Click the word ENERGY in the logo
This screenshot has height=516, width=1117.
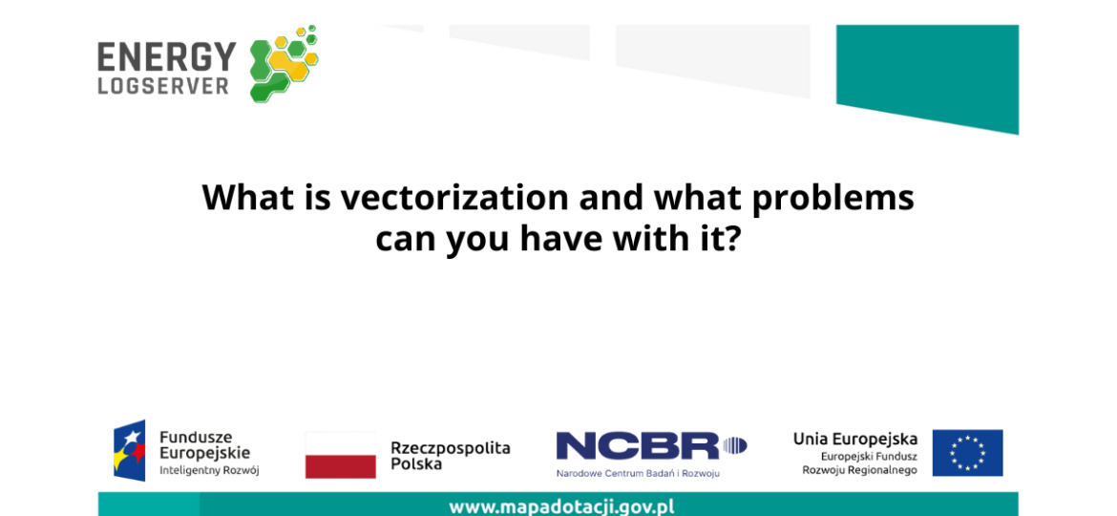tap(167, 57)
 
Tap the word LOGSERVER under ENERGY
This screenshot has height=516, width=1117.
tap(163, 87)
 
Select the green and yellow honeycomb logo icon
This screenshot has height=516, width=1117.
tap(284, 64)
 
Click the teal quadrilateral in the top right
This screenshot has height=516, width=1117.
tap(927, 78)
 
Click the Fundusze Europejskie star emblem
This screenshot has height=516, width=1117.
tap(129, 450)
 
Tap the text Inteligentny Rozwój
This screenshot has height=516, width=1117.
tap(209, 470)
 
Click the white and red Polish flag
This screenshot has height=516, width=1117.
tap(341, 455)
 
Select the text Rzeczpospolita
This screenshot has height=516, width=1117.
tap(451, 448)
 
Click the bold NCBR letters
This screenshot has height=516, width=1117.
tap(638, 447)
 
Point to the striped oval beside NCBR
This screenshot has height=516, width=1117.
tap(735, 447)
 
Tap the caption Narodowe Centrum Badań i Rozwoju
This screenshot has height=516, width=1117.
tap(639, 473)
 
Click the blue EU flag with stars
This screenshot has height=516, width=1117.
tap(967, 453)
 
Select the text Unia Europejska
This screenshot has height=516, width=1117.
tap(855, 439)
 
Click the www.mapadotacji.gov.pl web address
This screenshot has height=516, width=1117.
tap(562, 507)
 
